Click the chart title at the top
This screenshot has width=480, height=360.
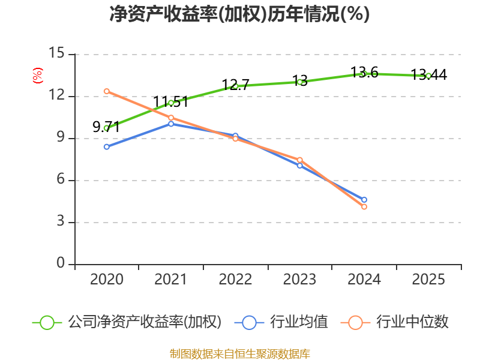(239, 14)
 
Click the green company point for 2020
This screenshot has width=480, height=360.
(106, 128)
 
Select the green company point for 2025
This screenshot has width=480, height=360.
(428, 76)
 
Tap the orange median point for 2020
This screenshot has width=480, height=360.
(106, 91)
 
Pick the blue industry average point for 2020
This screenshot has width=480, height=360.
(106, 146)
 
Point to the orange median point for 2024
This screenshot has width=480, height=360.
(364, 206)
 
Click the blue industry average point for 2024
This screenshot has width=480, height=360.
(364, 200)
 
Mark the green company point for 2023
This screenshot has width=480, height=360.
(299, 82)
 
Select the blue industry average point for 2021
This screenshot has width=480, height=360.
(171, 124)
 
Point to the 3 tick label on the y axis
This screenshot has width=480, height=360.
(61, 222)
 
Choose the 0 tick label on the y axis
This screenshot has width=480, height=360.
(61, 264)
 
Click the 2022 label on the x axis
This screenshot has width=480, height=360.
(235, 280)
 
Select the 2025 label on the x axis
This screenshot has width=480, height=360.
(428, 280)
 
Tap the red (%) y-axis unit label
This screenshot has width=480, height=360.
(37, 76)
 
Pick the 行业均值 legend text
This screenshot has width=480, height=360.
(299, 322)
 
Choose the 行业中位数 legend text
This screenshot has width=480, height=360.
(412, 322)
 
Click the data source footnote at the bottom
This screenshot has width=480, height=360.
(239, 353)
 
